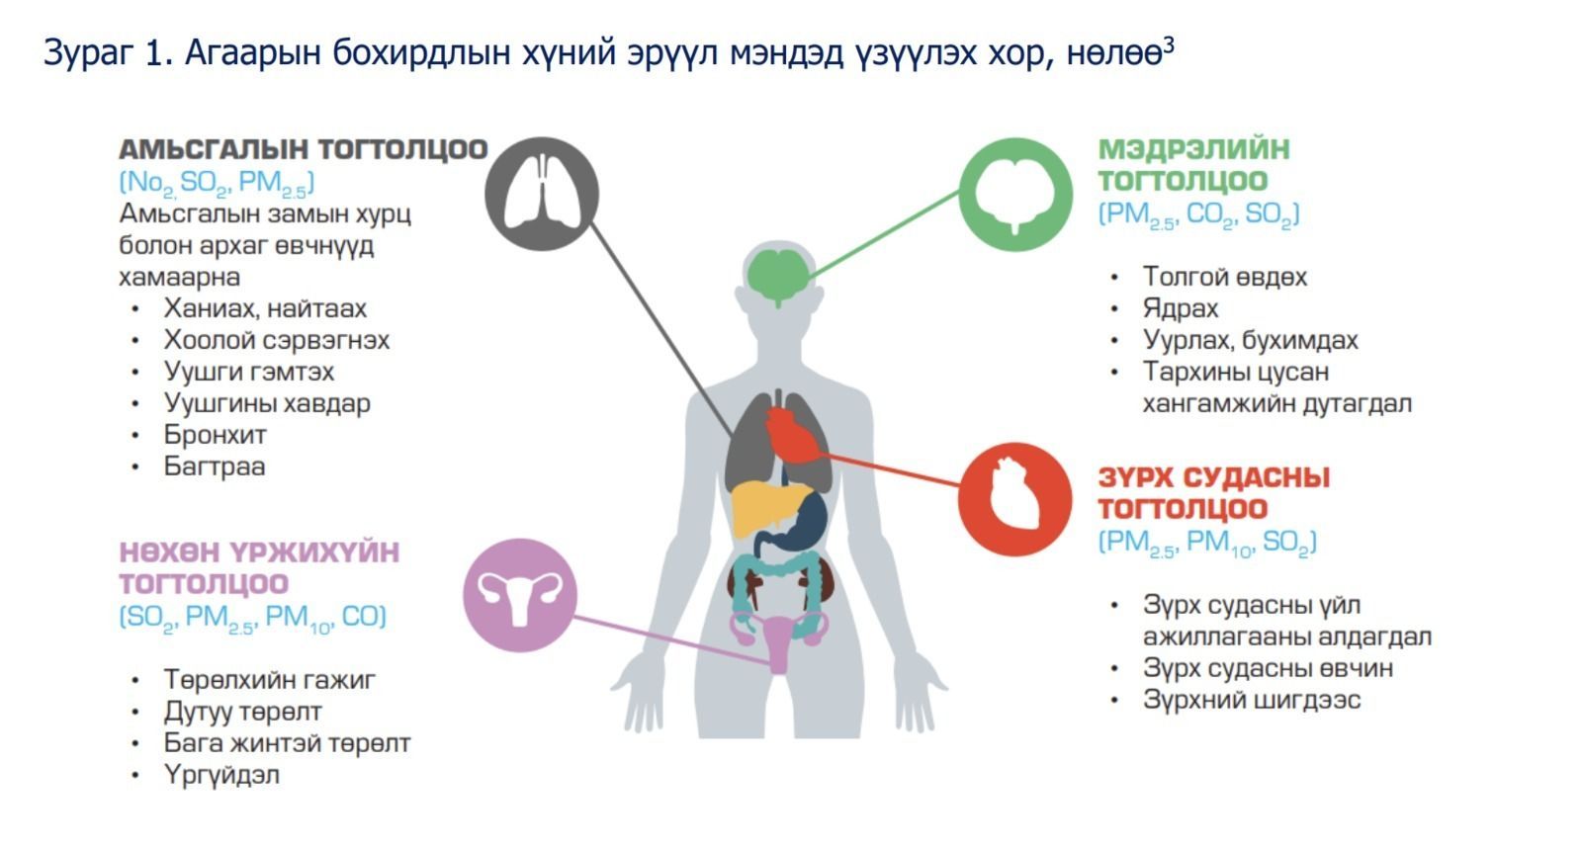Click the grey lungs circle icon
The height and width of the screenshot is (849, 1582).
pos(542,194)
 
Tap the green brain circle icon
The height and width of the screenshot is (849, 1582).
pos(1015,194)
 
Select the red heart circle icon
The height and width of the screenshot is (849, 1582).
pos(1014,500)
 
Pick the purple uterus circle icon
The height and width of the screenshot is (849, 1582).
pos(520,595)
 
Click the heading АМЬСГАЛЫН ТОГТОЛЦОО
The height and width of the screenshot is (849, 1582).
pos(304,149)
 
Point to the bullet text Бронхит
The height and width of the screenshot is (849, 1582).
pos(215,435)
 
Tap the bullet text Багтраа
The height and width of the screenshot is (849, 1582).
pos(214,467)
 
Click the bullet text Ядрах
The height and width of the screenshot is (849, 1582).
pos(1181,309)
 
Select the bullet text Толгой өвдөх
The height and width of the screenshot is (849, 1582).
pos(1225,277)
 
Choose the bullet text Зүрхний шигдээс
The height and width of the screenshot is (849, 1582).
pos(1252,700)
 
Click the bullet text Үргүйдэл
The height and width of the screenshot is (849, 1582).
pos(221,775)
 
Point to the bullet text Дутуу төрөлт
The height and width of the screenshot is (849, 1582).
pos(242,712)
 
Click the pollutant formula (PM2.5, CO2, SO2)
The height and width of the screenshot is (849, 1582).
pos(1198,213)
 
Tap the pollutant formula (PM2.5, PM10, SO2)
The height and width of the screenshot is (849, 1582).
pos(1207,543)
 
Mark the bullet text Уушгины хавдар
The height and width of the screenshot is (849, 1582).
pos(267,403)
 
